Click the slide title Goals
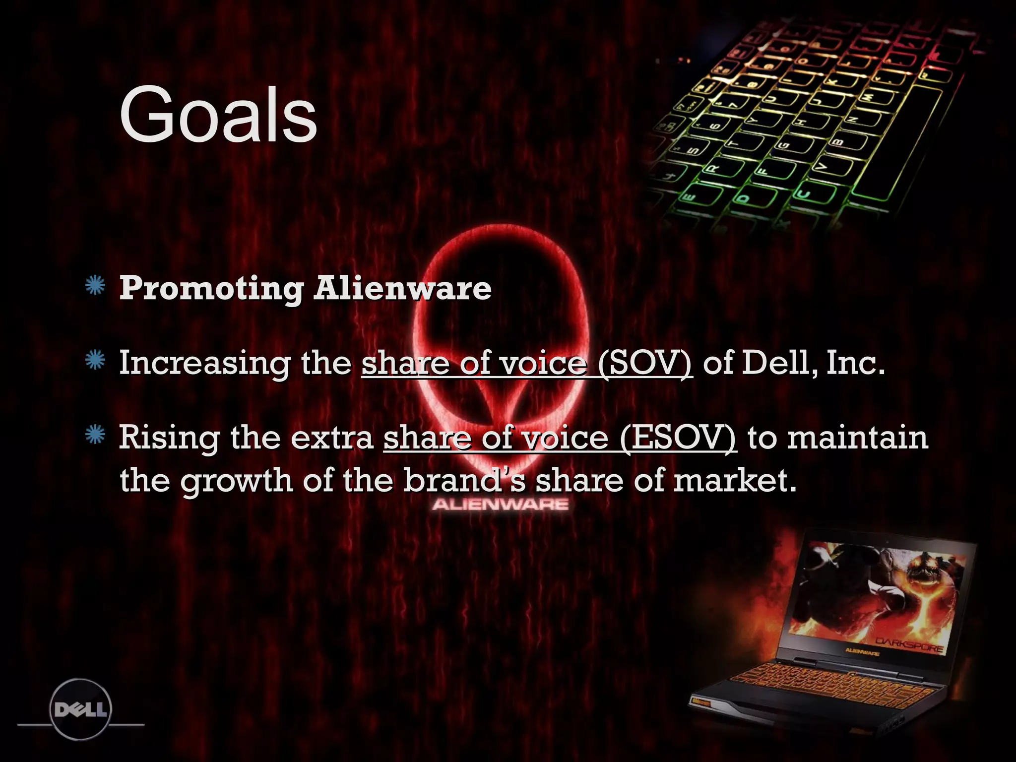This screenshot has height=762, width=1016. (218, 115)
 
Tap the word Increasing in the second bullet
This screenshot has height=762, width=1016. (204, 364)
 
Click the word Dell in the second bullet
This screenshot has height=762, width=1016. (779, 363)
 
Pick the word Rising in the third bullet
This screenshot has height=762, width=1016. (169, 439)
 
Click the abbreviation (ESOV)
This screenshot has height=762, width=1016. (678, 439)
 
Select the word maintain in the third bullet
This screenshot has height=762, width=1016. (858, 438)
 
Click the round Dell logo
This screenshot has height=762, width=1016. (81, 709)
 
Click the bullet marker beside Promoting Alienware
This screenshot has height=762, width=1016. (95, 286)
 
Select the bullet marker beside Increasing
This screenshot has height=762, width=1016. (95, 361)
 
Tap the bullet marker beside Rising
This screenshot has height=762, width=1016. (95, 435)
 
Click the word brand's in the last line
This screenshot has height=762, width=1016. (464, 480)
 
